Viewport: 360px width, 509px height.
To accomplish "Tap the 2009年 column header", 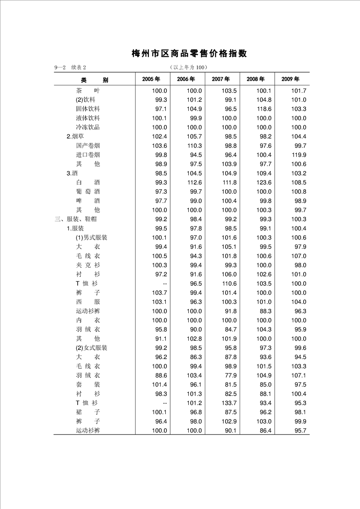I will [290, 79].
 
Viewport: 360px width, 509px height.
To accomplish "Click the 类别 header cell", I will [94, 80].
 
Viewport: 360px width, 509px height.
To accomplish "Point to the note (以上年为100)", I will [188, 68].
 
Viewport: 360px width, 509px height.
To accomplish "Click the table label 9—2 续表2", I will [70, 68].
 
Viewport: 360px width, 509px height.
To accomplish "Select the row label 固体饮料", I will [88, 109].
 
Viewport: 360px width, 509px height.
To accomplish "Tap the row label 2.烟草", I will [75, 136].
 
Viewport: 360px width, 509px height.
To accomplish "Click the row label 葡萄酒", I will [88, 191].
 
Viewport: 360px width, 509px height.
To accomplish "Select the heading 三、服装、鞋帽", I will [75, 219].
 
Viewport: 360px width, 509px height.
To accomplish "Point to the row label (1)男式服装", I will [91, 237].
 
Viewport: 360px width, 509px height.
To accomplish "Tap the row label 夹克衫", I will [88, 265].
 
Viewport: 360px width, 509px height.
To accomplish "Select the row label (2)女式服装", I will [91, 347].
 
